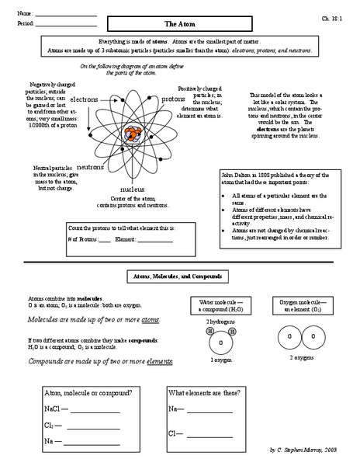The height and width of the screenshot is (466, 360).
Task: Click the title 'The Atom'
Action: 180,24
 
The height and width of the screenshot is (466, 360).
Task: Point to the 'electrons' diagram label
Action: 84,100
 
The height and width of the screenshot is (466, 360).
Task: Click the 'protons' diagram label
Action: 172,99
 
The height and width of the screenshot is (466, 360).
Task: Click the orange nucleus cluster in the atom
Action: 128,133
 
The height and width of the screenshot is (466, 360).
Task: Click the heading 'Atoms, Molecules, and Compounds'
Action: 180,277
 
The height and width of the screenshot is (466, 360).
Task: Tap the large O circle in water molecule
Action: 220,343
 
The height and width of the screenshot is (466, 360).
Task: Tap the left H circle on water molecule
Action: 209,331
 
